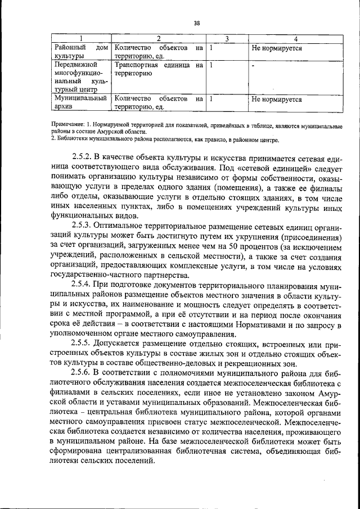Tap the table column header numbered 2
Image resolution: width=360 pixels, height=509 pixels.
point(159,38)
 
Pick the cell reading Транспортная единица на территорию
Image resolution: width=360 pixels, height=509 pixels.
point(158,69)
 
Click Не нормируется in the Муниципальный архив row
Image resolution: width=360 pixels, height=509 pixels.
point(276,100)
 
